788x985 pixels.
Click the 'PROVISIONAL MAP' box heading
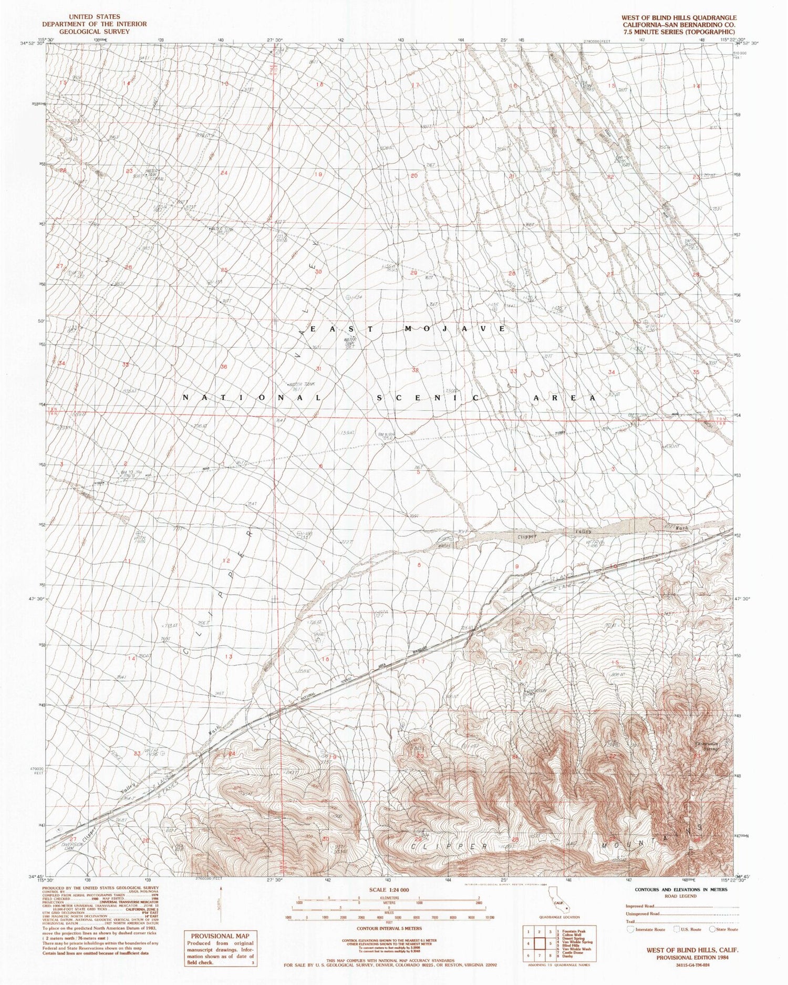click(x=220, y=936)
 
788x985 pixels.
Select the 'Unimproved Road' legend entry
click(x=643, y=914)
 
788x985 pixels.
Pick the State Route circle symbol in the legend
click(x=713, y=929)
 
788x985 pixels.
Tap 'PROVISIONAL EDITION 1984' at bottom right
click(x=685, y=957)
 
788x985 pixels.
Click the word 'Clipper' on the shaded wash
click(x=527, y=537)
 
